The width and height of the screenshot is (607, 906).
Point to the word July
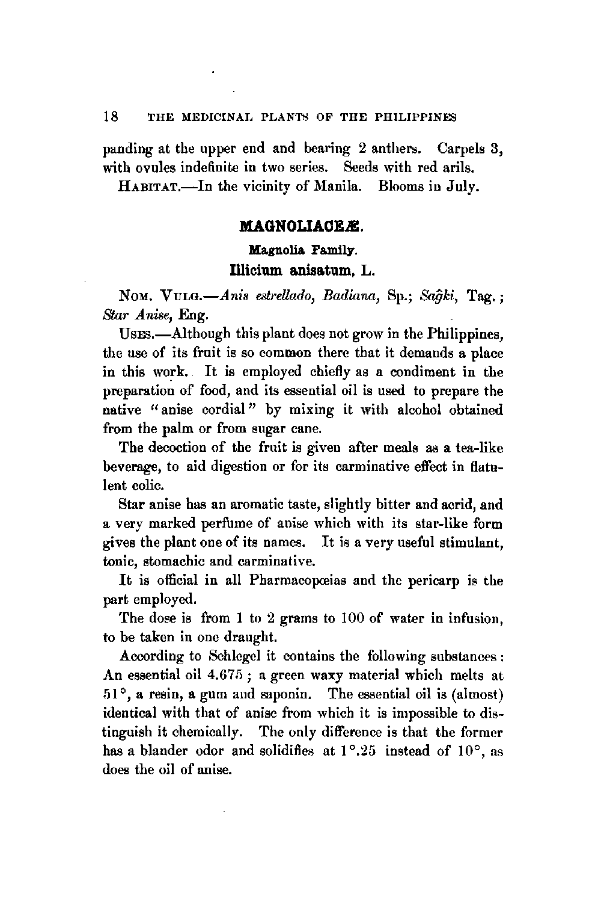(x=463, y=187)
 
